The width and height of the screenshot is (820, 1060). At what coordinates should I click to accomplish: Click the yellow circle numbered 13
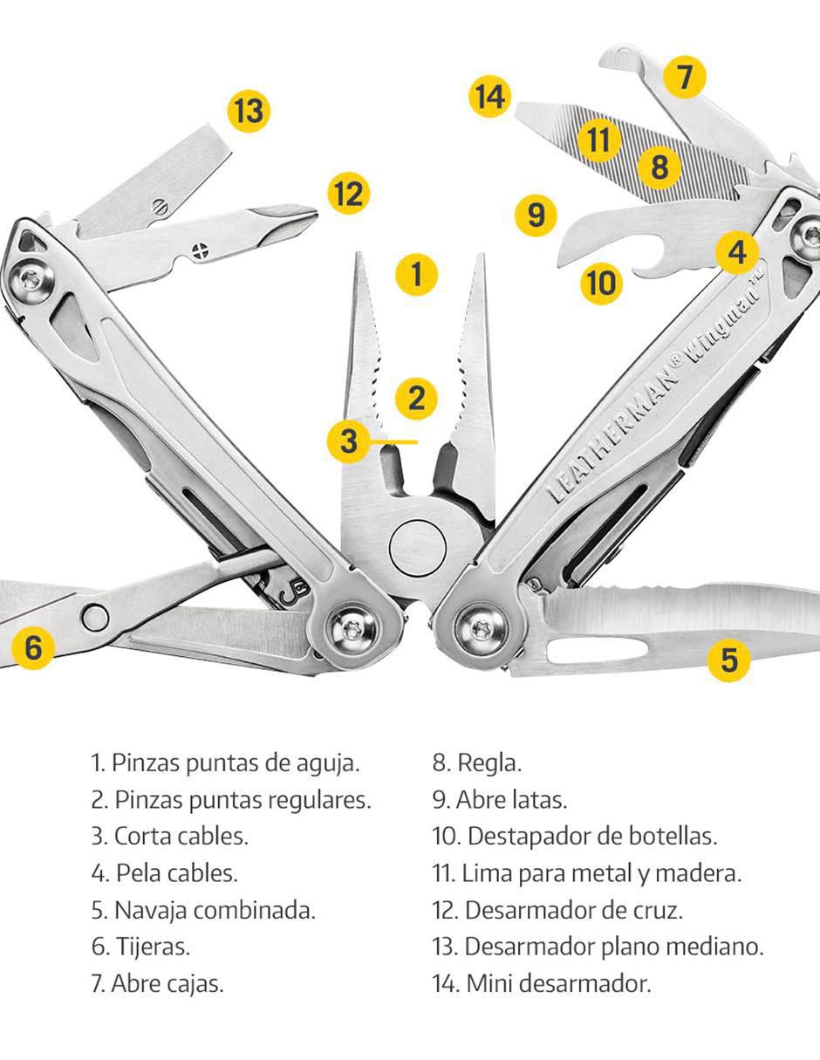[249, 111]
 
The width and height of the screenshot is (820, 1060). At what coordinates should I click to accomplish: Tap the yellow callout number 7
[685, 77]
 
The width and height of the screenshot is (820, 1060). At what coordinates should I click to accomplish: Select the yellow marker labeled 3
[348, 441]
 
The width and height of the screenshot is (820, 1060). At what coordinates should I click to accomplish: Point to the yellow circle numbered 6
[33, 648]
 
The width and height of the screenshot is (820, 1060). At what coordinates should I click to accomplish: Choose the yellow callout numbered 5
[728, 660]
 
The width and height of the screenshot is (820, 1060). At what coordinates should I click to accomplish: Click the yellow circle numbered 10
[602, 283]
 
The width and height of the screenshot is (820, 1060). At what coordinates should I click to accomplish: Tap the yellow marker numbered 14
[490, 96]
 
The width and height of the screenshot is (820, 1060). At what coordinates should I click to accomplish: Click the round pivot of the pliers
[417, 548]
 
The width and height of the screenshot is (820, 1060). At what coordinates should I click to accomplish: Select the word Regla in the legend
[489, 763]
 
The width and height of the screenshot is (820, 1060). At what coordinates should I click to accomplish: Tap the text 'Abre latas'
[511, 799]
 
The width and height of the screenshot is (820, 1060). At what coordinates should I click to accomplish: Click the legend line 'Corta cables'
[169, 836]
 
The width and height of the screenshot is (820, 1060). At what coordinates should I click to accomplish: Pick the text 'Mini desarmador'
[558, 983]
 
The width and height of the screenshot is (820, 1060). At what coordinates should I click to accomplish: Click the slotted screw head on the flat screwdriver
[160, 207]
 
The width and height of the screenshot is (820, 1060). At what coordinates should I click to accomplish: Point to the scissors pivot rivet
[95, 618]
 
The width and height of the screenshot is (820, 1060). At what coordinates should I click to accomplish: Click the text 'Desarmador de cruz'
[573, 910]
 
